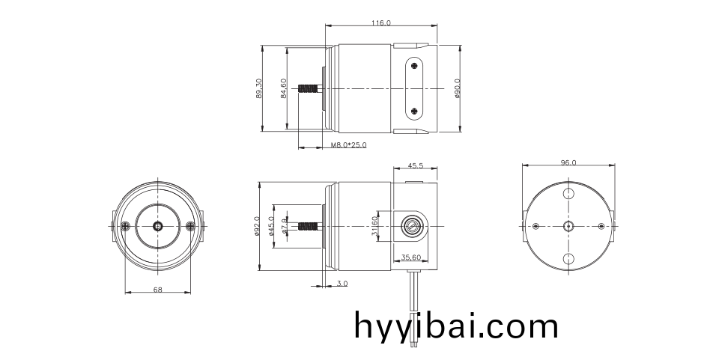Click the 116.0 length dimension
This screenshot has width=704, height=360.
[380, 24]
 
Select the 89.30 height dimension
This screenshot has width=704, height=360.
[259, 88]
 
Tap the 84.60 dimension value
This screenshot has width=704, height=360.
[284, 88]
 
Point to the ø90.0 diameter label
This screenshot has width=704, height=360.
[457, 88]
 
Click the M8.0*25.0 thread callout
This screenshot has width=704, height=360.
[349, 145]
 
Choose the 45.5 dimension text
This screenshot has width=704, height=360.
[416, 166]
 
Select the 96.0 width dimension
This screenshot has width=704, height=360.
[568, 162]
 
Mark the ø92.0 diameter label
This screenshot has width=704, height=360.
[258, 226]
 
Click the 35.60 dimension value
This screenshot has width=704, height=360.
[411, 257]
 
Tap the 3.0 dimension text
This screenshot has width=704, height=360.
[342, 284]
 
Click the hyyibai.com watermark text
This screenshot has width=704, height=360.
[456, 326]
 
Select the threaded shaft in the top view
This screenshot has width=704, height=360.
[308, 89]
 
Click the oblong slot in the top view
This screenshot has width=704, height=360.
[416, 89]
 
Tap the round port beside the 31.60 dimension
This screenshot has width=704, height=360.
[410, 225]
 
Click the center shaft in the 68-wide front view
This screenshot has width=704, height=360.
[157, 225]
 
